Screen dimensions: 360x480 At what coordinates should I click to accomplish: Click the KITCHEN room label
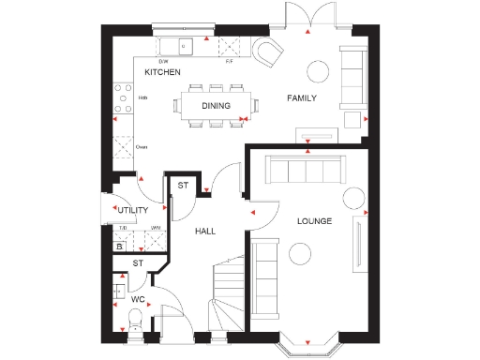pos(162,72)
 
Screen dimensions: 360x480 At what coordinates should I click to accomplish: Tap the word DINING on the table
pos(216,106)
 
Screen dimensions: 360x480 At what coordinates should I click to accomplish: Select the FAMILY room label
pos(301,98)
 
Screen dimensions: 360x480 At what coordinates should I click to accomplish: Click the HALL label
pos(206,231)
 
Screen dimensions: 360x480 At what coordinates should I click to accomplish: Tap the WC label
pos(138,300)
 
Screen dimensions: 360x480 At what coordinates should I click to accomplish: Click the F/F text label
pos(229,61)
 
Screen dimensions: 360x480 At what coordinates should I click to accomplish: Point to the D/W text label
pos(163,61)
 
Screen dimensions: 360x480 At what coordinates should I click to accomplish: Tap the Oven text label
pos(142,147)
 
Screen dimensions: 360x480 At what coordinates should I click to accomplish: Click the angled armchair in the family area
pos(269,52)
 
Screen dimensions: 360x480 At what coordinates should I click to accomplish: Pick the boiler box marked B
pos(119,247)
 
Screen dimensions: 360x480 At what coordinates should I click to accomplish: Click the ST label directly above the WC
pos(137,264)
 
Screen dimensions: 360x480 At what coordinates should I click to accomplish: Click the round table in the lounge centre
pos(301,253)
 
